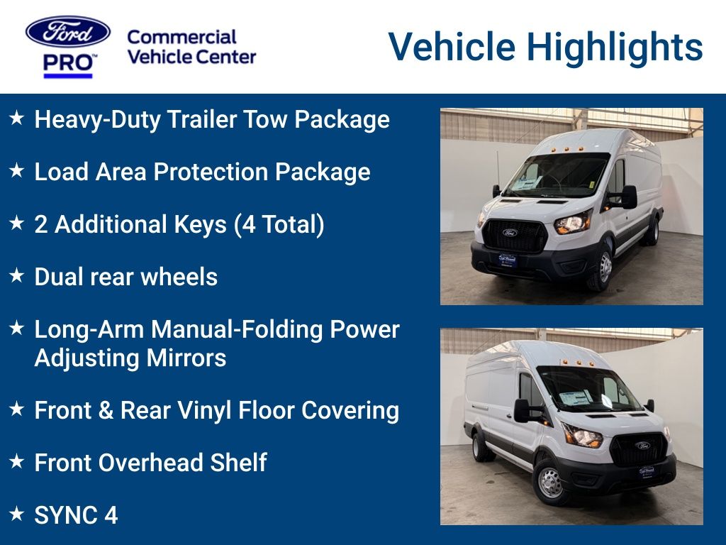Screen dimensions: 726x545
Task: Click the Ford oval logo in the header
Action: (68, 32)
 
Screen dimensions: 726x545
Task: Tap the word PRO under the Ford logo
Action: (67, 62)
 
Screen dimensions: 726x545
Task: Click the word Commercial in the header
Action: (181, 37)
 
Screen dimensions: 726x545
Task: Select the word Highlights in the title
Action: (615, 48)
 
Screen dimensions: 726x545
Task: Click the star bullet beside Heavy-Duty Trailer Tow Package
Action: (17, 118)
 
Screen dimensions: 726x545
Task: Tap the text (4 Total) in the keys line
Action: (279, 225)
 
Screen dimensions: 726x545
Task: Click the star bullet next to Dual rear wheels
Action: (17, 275)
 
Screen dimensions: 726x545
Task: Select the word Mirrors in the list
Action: (186, 358)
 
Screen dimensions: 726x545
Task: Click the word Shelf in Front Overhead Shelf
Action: (238, 463)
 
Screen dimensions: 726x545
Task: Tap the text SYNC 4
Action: (77, 515)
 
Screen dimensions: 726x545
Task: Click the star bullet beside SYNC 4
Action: (17, 514)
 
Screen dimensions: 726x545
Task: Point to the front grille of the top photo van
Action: (515, 236)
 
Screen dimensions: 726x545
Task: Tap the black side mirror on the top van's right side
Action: (629, 197)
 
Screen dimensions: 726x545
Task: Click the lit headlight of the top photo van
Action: (573, 223)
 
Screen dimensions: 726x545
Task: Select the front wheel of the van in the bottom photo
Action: (550, 483)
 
